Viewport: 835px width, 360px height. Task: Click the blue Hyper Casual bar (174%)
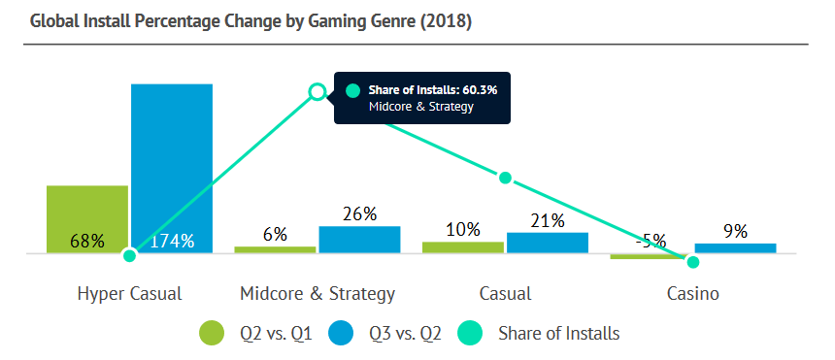[172, 168]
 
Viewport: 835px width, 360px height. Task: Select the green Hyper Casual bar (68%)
[87, 219]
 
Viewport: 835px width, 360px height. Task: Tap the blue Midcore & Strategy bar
[359, 240]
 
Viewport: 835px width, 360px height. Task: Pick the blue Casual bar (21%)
[548, 243]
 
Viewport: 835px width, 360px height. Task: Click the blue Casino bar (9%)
[735, 248]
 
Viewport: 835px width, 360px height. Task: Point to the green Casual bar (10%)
[463, 247]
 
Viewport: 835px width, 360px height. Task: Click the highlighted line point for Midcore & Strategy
[317, 91]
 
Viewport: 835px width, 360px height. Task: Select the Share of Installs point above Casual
[505, 178]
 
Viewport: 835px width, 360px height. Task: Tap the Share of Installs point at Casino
[693, 262]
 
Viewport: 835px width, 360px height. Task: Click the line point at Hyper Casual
[129, 255]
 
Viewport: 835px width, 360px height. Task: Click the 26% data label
[360, 214]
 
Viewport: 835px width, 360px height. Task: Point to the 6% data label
[276, 234]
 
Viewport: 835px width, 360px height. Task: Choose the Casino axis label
[693, 293]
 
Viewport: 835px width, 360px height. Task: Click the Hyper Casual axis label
[129, 294]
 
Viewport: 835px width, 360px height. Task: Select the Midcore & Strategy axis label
[317, 294]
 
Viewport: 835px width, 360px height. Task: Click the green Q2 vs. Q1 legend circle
[212, 334]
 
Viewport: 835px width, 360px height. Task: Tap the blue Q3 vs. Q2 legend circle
[341, 334]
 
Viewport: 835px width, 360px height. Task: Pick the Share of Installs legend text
[558, 334]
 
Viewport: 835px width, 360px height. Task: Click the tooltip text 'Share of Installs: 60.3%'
[433, 89]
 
